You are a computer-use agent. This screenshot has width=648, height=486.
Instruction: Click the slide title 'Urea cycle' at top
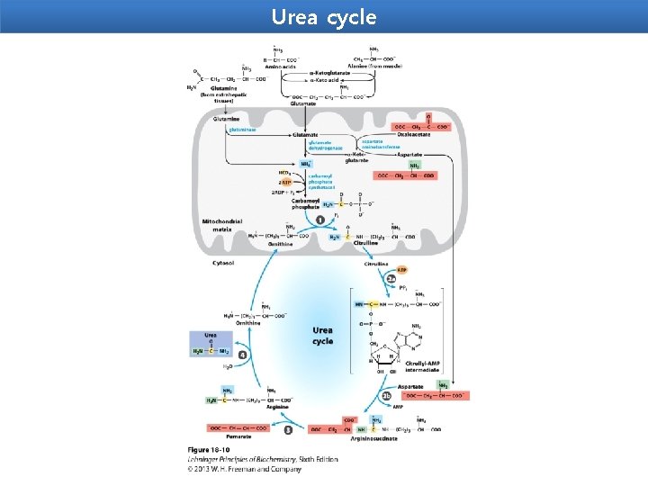coord(323,17)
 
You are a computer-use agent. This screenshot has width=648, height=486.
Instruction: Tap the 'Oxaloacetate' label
coord(428,135)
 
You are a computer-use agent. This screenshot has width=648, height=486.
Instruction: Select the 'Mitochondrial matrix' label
coord(218,226)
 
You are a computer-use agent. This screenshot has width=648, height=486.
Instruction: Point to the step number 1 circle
coord(319,220)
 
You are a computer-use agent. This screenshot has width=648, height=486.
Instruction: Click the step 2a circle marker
coord(391,279)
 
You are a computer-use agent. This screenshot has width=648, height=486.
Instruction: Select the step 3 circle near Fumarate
coord(288,430)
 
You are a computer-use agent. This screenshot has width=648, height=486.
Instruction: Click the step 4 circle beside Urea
coord(242,355)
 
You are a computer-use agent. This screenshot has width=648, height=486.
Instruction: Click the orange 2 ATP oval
coord(285,181)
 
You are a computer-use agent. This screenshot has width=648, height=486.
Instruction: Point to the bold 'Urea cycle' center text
coord(322,336)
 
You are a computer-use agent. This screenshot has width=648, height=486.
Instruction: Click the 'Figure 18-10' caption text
coord(209,449)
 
